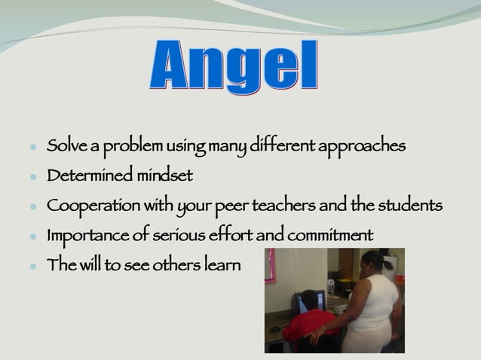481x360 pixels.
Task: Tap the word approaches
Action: pyautogui.click(x=363, y=145)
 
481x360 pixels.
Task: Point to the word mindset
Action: pyautogui.click(x=165, y=175)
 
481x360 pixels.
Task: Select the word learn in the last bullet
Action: pyautogui.click(x=222, y=265)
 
